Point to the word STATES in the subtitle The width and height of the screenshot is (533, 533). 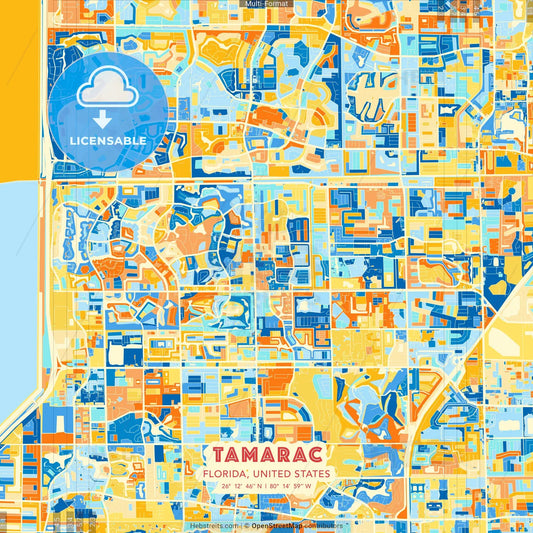point(312,474)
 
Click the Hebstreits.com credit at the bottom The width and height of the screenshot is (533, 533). point(214,525)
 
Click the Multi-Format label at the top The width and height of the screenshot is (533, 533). point(265,4)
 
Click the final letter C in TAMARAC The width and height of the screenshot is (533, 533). point(324,456)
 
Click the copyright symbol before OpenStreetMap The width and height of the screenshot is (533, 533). point(246,525)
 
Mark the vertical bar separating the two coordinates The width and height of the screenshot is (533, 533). point(264,487)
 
